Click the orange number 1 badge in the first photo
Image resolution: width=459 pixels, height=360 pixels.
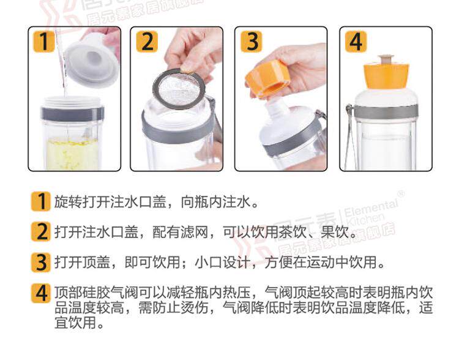(44, 42)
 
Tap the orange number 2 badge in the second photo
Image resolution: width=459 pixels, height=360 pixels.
(147, 42)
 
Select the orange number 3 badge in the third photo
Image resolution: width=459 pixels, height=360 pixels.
(252, 42)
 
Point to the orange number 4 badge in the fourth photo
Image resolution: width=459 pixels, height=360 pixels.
(356, 42)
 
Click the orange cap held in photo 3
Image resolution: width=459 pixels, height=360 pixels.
(267, 78)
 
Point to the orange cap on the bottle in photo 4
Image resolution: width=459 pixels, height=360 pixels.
(386, 76)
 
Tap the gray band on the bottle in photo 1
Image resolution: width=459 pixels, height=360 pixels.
(73, 114)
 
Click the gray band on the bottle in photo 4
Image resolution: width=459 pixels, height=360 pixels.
(386, 112)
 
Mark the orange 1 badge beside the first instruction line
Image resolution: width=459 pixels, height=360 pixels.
(41, 201)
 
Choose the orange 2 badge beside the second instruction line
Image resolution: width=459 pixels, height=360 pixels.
(41, 231)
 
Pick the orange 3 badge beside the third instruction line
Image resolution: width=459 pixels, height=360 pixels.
(41, 262)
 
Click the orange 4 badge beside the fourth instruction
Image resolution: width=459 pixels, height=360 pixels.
(41, 293)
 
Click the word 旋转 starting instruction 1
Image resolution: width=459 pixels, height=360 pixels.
(69, 202)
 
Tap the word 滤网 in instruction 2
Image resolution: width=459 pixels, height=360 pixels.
(195, 232)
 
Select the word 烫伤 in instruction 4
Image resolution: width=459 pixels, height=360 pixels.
(195, 307)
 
